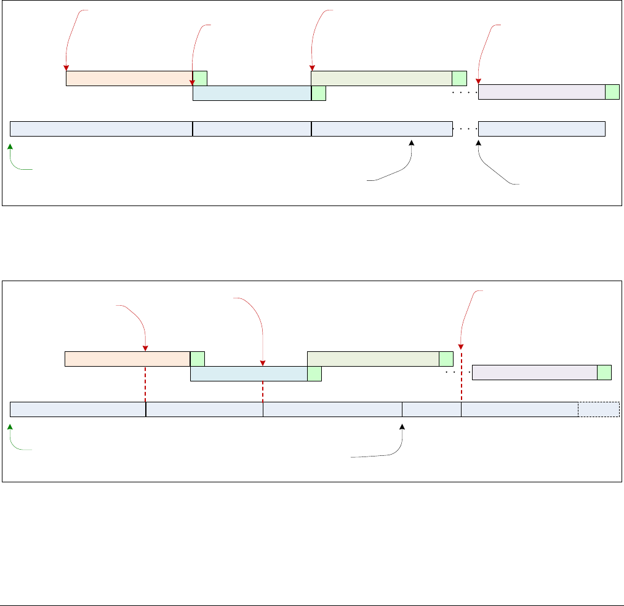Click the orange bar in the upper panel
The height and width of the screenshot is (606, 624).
(129, 78)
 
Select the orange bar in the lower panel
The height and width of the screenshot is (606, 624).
(127, 359)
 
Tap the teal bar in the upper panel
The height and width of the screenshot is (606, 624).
(252, 93)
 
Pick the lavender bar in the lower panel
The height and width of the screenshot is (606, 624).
(534, 373)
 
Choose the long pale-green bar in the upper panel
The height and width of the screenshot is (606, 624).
(382, 78)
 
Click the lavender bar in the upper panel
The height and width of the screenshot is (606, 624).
(542, 92)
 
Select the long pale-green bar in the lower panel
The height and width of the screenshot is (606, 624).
(373, 359)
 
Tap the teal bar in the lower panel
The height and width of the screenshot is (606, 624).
(249, 373)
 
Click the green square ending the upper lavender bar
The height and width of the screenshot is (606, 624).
(612, 92)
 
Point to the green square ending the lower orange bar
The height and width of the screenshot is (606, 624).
(197, 359)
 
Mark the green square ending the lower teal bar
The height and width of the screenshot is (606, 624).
(314, 373)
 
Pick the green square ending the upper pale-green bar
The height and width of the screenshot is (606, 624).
(459, 78)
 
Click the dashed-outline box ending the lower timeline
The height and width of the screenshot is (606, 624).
(598, 409)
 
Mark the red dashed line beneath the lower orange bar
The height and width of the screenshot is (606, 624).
(145, 384)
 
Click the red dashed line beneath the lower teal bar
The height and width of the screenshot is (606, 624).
(263, 391)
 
